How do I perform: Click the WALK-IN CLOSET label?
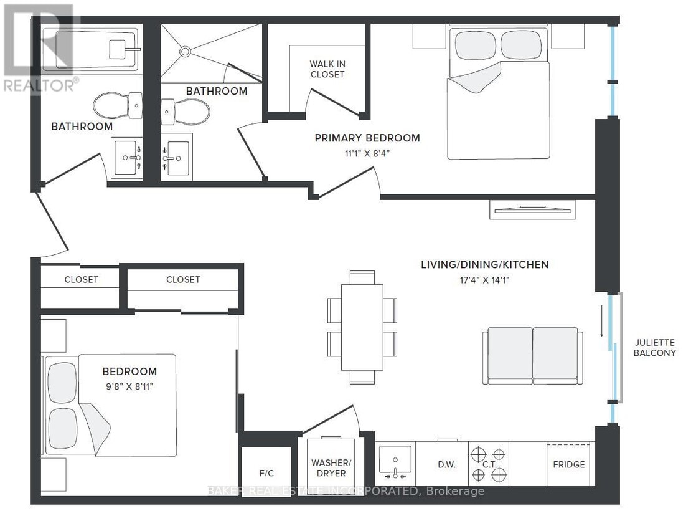point(327,69)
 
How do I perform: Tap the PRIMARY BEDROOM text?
point(367,138)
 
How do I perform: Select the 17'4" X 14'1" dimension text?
point(484,280)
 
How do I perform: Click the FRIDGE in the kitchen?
point(569,464)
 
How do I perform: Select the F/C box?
point(266,472)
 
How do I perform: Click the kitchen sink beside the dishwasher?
point(395,464)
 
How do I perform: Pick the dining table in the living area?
point(362,327)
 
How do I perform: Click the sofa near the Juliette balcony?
point(532,355)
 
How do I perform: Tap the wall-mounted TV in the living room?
point(532,210)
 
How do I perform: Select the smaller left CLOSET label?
point(81,279)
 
